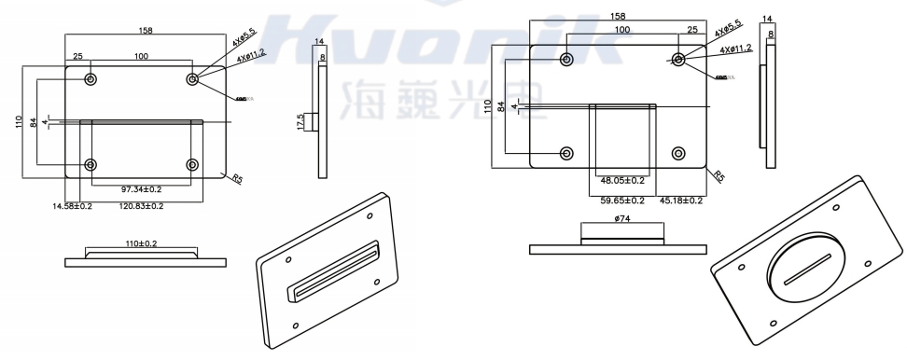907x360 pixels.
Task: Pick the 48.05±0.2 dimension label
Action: pyautogui.click(x=622, y=181)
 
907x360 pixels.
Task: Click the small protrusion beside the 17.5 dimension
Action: pyautogui.click(x=314, y=121)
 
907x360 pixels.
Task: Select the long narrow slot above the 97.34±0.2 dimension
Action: pyautogui.click(x=142, y=121)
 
